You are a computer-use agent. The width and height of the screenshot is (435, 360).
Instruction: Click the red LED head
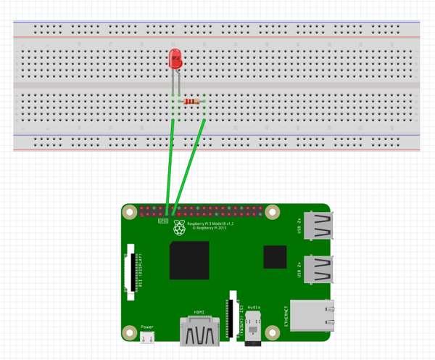click(x=175, y=60)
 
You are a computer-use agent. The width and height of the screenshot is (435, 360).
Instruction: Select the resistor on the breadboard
click(x=191, y=102)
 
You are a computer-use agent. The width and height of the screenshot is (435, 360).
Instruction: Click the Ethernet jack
click(x=312, y=316)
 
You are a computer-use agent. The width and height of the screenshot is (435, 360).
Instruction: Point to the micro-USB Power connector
click(x=147, y=337)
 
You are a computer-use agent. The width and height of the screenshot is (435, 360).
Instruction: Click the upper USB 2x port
click(x=318, y=226)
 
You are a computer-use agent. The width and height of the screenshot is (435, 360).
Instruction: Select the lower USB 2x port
click(x=318, y=270)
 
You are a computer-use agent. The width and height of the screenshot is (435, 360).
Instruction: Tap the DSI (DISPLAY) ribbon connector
click(x=131, y=272)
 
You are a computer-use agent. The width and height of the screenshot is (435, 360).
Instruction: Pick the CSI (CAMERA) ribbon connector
click(x=233, y=314)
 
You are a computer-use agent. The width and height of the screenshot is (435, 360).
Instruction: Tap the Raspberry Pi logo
click(x=179, y=228)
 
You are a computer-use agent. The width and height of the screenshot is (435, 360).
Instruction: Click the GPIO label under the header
click(x=163, y=221)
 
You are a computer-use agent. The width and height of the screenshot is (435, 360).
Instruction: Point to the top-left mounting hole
click(x=130, y=213)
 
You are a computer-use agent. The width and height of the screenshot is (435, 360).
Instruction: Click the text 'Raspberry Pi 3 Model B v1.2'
click(x=211, y=224)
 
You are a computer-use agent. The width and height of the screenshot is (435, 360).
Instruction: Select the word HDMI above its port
click(x=199, y=312)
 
